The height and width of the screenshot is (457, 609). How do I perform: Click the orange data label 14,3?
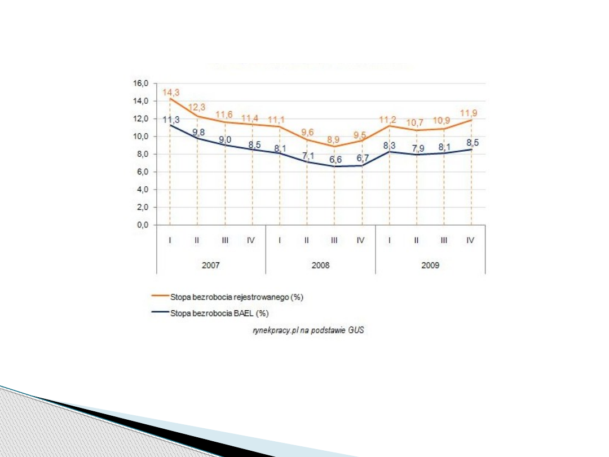click(x=171, y=92)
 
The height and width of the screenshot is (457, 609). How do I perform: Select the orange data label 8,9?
click(x=334, y=138)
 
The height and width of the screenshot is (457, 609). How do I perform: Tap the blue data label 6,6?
click(x=336, y=160)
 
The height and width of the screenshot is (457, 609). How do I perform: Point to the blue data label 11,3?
click(x=171, y=120)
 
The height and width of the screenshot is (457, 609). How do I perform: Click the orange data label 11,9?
click(x=469, y=113)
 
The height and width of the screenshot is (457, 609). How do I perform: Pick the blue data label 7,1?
click(x=308, y=156)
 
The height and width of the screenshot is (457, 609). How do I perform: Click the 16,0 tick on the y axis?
click(x=142, y=84)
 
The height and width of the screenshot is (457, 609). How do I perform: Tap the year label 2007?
click(x=210, y=265)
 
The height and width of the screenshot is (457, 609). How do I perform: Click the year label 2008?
click(x=320, y=265)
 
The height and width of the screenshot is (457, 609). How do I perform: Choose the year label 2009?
click(x=430, y=265)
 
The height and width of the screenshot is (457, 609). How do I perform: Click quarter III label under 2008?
click(x=334, y=240)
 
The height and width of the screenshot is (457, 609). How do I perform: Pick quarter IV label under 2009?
click(x=470, y=240)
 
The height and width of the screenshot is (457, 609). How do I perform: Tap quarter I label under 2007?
click(x=170, y=240)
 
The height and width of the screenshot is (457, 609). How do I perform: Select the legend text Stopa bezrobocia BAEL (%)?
click(x=219, y=314)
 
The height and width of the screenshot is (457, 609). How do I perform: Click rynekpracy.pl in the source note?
click(x=272, y=331)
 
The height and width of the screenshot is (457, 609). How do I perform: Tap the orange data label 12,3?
click(x=196, y=107)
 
